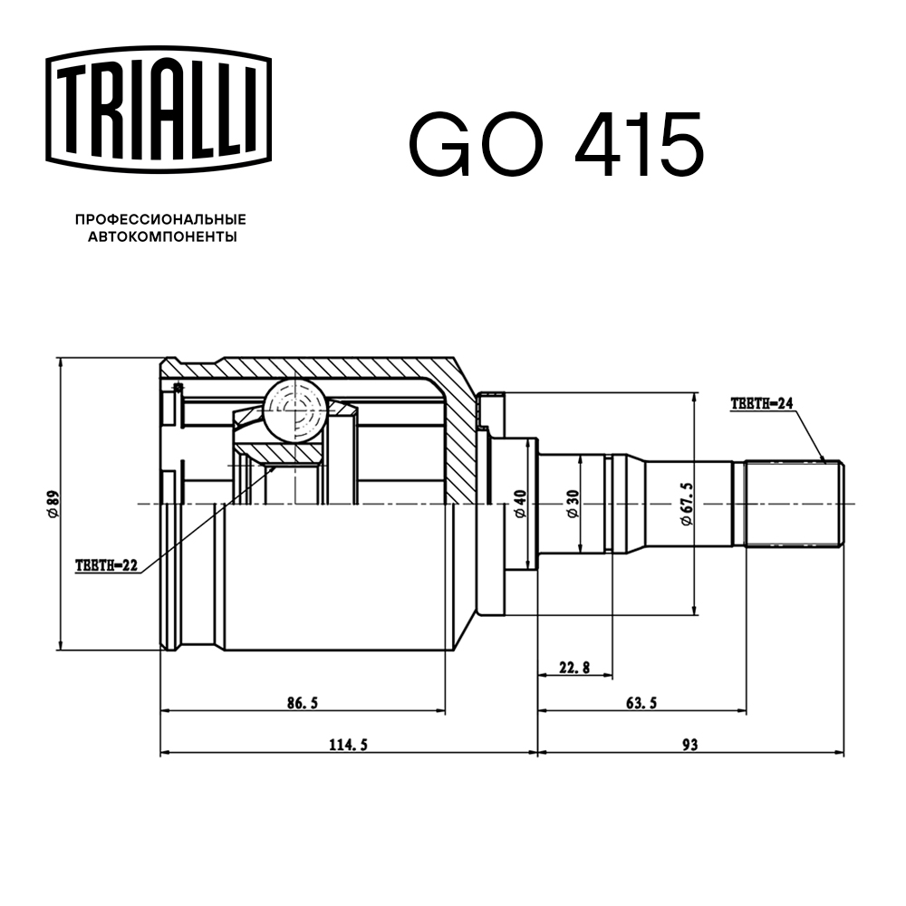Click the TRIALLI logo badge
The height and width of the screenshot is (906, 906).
(x=159, y=106)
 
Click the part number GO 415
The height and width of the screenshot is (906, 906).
(x=556, y=145)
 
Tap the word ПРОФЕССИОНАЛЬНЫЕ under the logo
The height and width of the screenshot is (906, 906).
(x=160, y=219)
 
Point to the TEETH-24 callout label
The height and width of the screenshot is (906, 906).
(x=761, y=405)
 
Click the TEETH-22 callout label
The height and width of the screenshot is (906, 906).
(x=106, y=565)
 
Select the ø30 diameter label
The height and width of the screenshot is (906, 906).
(x=573, y=503)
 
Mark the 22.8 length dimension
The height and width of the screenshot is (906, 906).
(x=574, y=668)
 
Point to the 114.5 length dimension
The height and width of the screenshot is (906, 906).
(x=348, y=745)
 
